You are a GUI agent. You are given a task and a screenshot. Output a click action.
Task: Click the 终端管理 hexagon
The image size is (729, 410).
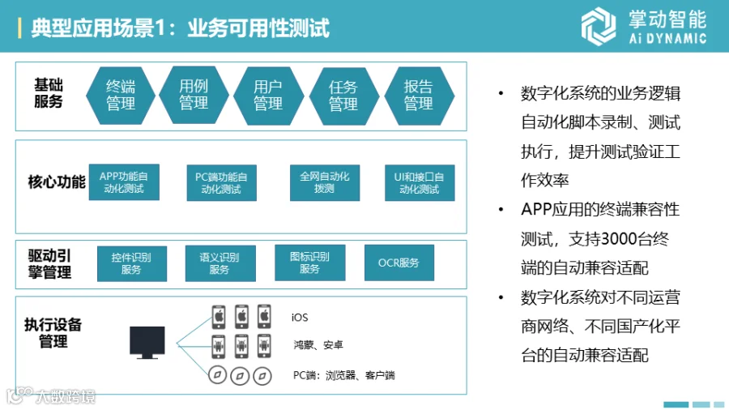pyautogui.click(x=121, y=95)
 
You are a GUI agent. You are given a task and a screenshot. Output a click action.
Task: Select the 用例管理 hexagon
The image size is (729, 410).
pyautogui.click(x=194, y=95)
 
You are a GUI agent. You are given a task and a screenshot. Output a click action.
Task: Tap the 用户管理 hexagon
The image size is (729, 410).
pyautogui.click(x=268, y=95)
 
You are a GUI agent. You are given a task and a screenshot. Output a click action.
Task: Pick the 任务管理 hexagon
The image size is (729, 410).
pyautogui.click(x=343, y=95)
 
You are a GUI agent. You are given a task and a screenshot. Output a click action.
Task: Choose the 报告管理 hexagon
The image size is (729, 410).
pyautogui.click(x=418, y=95)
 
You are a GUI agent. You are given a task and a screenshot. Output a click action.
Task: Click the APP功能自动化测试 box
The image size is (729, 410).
pyautogui.click(x=124, y=182)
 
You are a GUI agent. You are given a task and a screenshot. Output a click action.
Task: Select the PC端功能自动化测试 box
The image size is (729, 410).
pyautogui.click(x=220, y=182)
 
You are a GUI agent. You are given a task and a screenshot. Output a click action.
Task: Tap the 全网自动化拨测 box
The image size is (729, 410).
pyautogui.click(x=324, y=182)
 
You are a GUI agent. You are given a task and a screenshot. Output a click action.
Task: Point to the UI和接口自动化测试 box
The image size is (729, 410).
pyautogui.click(x=420, y=182)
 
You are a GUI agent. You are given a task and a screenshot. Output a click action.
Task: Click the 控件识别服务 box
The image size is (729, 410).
pyautogui.click(x=131, y=263)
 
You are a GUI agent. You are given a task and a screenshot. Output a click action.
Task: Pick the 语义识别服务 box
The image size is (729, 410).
pyautogui.click(x=220, y=263)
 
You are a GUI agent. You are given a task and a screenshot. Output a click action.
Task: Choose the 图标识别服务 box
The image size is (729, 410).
pyautogui.click(x=309, y=263)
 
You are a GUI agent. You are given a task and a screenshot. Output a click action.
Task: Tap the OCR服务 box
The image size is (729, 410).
pyautogui.click(x=399, y=263)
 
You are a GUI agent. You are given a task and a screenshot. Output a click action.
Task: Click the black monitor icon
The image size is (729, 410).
pyautogui.click(x=147, y=342)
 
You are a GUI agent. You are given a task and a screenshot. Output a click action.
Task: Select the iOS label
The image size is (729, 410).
pyautogui.click(x=300, y=318)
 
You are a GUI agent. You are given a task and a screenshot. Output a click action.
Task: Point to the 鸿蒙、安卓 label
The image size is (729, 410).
pyautogui.click(x=318, y=345)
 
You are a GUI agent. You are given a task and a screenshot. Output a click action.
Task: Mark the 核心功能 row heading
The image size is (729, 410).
pyautogui.click(x=56, y=182)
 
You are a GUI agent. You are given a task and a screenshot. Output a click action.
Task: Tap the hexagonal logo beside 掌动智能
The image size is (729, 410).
pyautogui.click(x=599, y=25)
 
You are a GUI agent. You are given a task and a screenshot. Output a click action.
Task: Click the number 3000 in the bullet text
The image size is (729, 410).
pyautogui.click(x=613, y=239)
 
